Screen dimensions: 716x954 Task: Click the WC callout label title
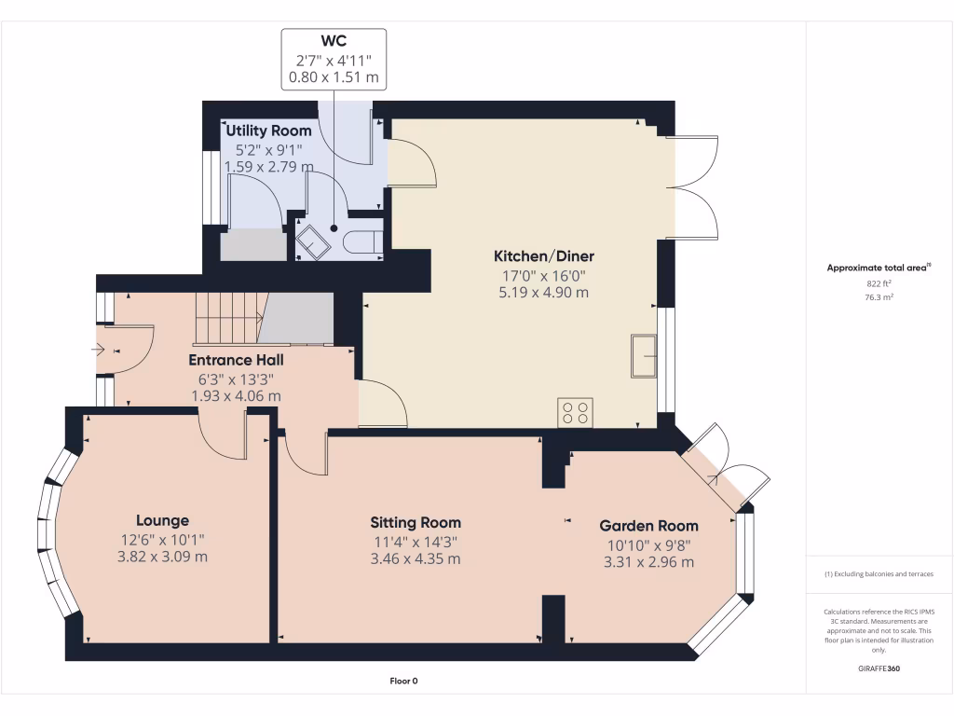click(334, 41)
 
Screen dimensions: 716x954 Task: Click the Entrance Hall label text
click(236, 360)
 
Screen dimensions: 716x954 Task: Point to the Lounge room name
click(162, 520)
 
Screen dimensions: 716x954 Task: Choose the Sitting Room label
click(415, 522)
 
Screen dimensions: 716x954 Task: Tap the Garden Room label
click(648, 526)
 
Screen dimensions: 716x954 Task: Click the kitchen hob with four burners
click(575, 412)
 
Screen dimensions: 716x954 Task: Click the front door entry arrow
click(100, 351)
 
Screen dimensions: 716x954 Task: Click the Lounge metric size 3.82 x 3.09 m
click(162, 557)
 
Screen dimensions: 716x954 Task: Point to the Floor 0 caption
click(403, 681)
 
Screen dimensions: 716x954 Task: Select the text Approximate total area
click(876, 268)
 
